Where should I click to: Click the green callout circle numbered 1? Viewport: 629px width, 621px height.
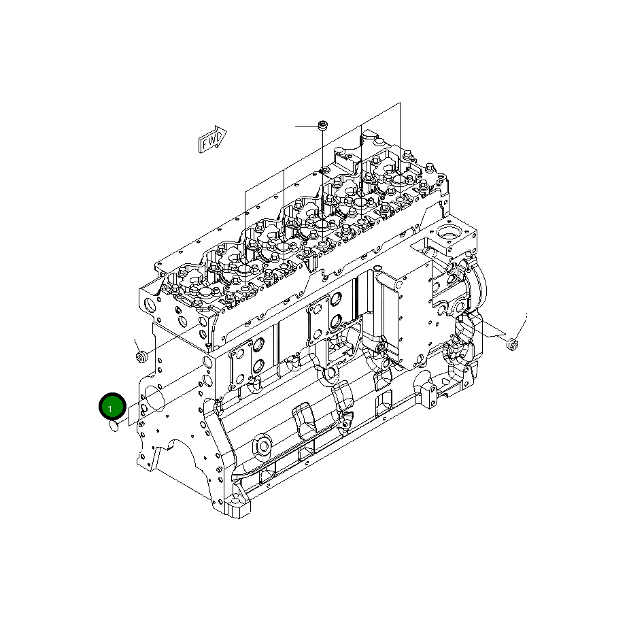tap(112, 406)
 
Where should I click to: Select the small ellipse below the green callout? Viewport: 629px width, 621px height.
tap(114, 426)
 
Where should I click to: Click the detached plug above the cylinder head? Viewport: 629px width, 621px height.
tap(322, 125)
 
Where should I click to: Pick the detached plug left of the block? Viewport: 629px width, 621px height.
tap(141, 356)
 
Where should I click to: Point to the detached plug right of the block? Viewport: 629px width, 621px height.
tap(512, 344)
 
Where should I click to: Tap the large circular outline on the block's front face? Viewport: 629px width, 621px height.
tap(154, 399)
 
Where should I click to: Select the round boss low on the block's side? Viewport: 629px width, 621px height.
tap(263, 446)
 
